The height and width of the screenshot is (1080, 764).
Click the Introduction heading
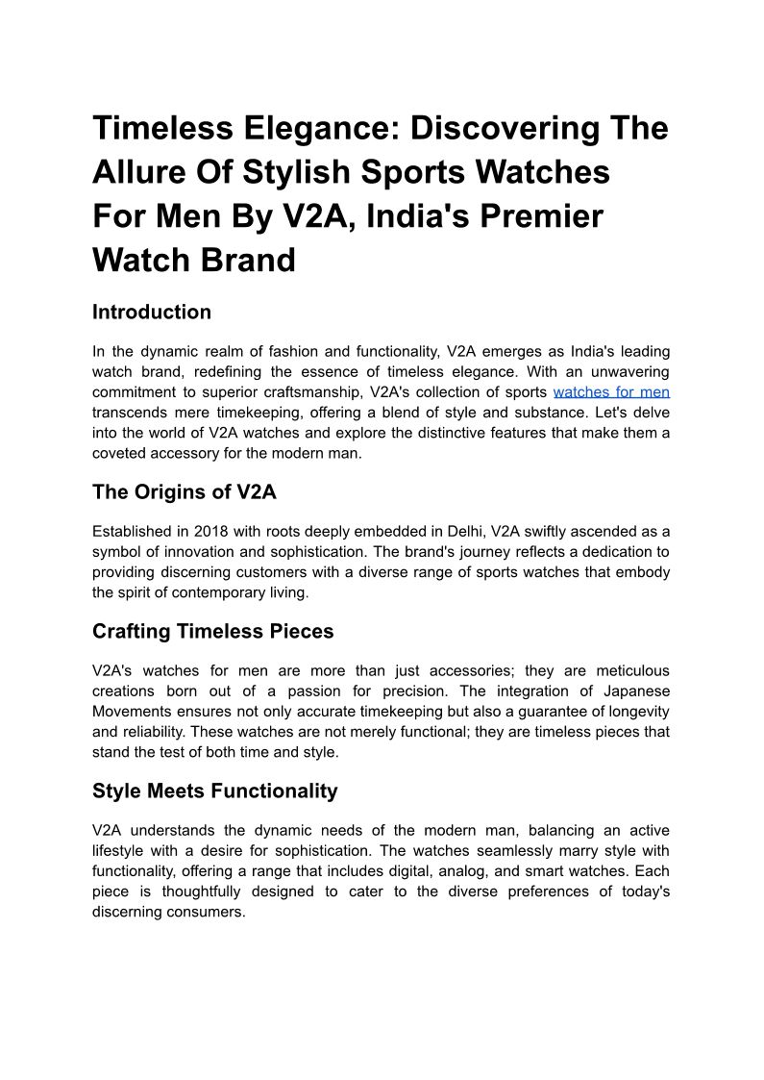point(152,313)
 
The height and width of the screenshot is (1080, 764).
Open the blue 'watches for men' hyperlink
point(611,392)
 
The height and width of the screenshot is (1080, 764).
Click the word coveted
point(120,453)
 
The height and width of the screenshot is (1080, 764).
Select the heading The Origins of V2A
point(185,492)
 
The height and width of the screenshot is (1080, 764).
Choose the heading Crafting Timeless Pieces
point(213,632)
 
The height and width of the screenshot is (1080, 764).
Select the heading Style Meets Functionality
point(215,791)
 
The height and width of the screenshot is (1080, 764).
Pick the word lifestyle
point(120,851)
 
